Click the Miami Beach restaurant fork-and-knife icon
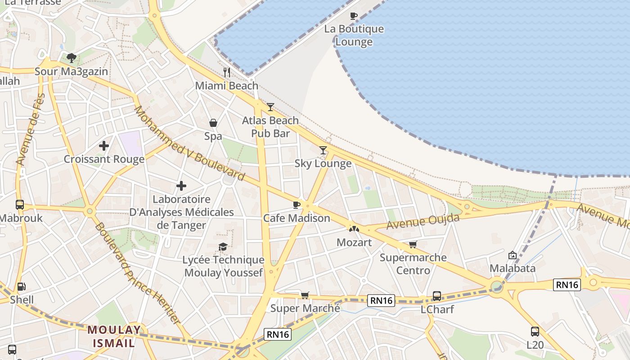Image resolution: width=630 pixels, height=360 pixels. (x=227, y=72)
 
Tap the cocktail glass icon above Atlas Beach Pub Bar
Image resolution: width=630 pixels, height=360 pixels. (x=270, y=107)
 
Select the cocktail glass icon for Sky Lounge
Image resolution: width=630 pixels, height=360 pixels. (x=323, y=150)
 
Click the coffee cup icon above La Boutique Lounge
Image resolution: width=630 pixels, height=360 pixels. (x=354, y=16)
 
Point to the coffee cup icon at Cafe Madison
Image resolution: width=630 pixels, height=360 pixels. (x=296, y=205)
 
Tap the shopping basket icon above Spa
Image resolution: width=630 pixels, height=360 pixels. (x=213, y=123)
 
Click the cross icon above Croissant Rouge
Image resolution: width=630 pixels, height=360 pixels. (x=104, y=146)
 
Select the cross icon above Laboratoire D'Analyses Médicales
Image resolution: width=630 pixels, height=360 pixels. (x=181, y=185)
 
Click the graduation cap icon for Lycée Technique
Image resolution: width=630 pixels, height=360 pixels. (x=223, y=247)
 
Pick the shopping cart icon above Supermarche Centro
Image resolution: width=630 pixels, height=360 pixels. (x=413, y=244)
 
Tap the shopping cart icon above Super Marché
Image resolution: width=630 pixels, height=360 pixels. (x=305, y=295)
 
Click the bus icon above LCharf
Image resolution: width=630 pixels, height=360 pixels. (x=436, y=296)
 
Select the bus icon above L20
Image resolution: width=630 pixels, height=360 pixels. (x=535, y=332)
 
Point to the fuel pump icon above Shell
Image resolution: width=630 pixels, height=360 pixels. (x=21, y=287)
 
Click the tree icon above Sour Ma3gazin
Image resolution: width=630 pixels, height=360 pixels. (x=71, y=58)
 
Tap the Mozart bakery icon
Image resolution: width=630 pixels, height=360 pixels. (x=354, y=229)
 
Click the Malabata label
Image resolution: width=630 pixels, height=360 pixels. (x=513, y=269)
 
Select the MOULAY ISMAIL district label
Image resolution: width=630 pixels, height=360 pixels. (x=114, y=336)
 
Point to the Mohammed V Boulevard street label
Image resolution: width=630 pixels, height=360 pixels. (x=189, y=143)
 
